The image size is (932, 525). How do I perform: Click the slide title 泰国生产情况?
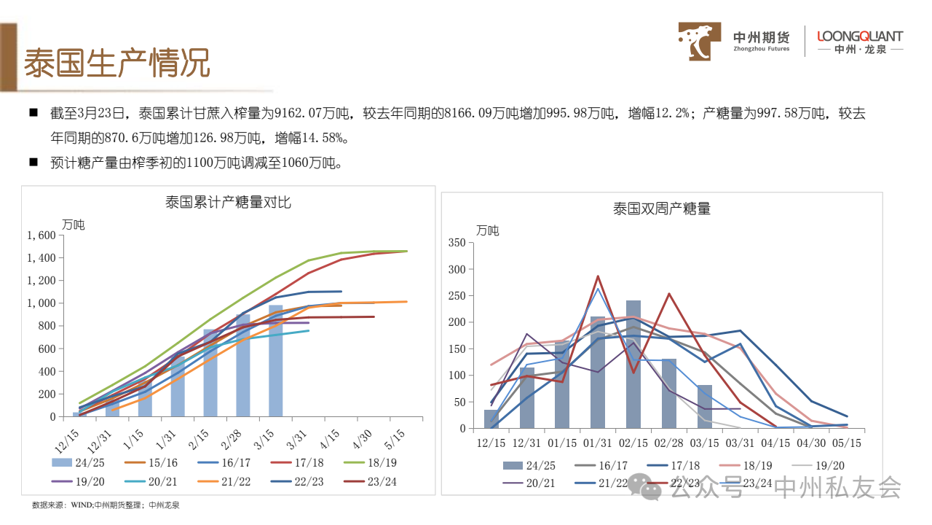click(x=116, y=64)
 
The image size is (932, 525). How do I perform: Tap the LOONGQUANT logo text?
click(x=860, y=36)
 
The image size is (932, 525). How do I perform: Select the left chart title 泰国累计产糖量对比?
click(x=228, y=202)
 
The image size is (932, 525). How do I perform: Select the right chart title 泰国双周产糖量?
click(x=661, y=209)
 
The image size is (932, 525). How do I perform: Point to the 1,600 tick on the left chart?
click(x=41, y=236)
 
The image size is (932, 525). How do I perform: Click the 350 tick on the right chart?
click(x=457, y=243)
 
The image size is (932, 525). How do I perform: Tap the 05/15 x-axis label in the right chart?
click(x=847, y=443)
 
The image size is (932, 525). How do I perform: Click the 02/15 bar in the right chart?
click(x=633, y=364)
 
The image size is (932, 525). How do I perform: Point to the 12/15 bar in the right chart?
click(x=491, y=419)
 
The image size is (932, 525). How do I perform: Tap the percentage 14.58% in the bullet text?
click(x=316, y=138)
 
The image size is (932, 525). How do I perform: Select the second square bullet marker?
click(x=33, y=162)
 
